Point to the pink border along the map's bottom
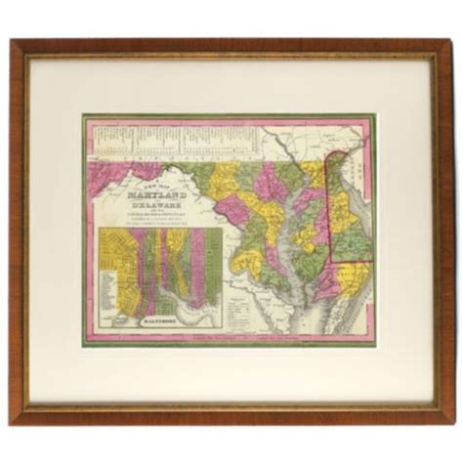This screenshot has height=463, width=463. [231, 341]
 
